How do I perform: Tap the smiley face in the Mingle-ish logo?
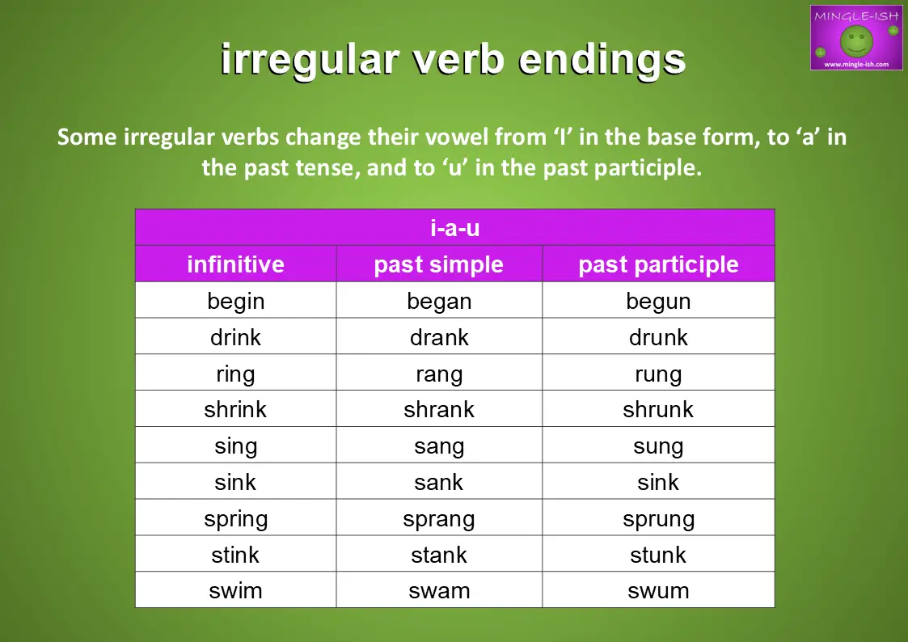click(x=856, y=41)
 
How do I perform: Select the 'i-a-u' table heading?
click(x=454, y=227)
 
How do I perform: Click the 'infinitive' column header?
click(x=235, y=264)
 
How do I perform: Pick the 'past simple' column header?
click(x=439, y=264)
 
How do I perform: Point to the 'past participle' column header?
click(x=658, y=264)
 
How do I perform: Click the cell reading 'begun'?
click(x=658, y=302)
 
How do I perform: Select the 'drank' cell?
click(x=439, y=337)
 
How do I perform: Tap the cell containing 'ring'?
click(x=235, y=374)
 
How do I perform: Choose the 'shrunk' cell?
click(x=658, y=409)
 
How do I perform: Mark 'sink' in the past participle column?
click(x=658, y=482)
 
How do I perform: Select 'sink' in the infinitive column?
click(x=235, y=482)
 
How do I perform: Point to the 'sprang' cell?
click(x=439, y=519)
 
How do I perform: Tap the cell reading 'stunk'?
click(x=658, y=555)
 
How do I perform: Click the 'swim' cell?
click(x=235, y=591)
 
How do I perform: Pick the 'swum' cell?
click(x=658, y=591)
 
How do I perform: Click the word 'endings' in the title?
click(x=602, y=60)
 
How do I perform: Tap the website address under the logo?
click(x=856, y=64)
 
